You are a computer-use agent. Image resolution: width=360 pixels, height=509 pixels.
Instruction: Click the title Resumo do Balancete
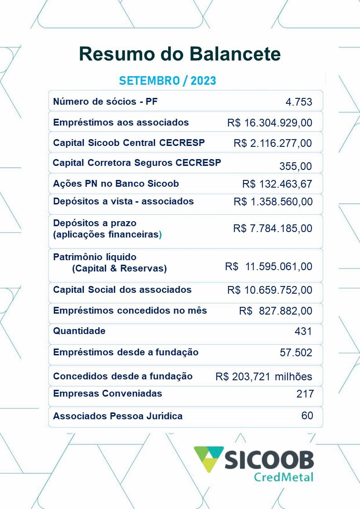(180, 54)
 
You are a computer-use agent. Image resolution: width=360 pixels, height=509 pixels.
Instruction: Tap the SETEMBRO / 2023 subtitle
(167, 81)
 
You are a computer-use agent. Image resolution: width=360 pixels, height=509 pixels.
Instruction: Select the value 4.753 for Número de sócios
(299, 102)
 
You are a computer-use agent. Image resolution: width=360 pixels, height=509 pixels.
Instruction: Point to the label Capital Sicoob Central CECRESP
(129, 143)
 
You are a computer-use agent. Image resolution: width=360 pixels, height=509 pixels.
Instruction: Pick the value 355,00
(296, 166)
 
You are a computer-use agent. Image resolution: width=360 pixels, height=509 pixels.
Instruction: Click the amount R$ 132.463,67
(277, 184)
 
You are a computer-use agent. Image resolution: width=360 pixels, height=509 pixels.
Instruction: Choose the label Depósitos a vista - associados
(123, 201)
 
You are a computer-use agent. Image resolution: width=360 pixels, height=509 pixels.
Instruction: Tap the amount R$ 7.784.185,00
(272, 228)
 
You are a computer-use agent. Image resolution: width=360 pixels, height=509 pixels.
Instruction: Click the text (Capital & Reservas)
(119, 268)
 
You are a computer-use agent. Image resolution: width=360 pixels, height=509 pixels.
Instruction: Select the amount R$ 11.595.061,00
(268, 267)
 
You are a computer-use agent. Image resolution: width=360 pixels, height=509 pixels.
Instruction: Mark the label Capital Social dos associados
(122, 290)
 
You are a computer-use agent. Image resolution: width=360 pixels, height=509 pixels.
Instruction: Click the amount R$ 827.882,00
(276, 311)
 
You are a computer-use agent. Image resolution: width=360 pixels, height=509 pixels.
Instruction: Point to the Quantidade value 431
(303, 331)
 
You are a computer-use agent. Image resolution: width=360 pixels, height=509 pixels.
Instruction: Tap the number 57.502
(296, 353)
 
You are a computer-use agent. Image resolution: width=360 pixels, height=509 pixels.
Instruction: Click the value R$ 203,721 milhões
(264, 377)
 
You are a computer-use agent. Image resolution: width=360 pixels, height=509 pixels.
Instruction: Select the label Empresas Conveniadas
(107, 393)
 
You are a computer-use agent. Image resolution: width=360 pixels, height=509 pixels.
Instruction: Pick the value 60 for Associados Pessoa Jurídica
(307, 415)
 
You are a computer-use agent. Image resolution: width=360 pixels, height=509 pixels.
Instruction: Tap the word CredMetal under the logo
(284, 477)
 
